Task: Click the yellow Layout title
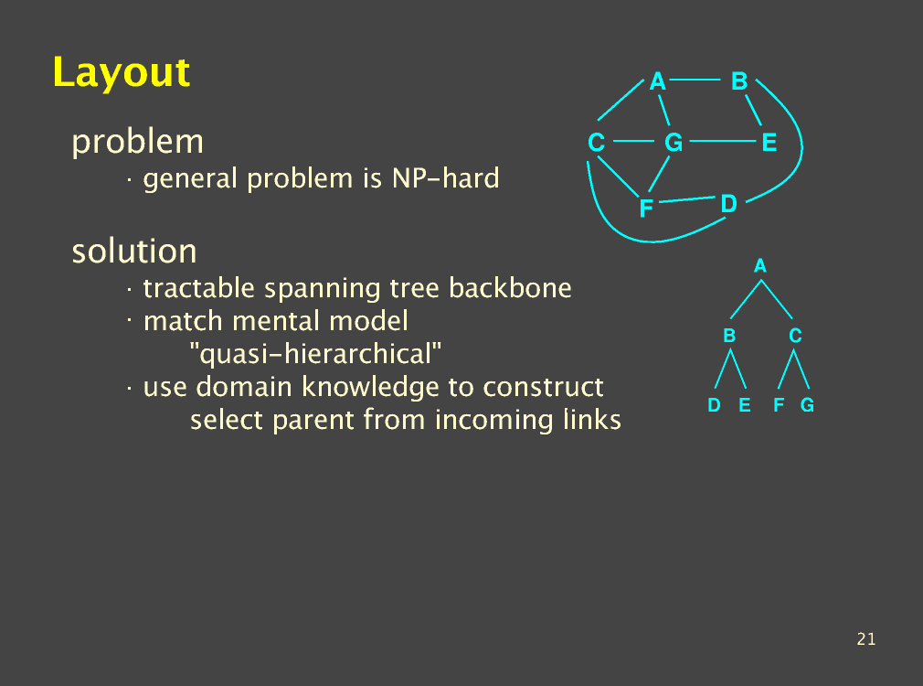pos(122,73)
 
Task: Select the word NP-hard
pos(446,178)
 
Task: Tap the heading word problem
pos(137,143)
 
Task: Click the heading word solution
pos(134,251)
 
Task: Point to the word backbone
pos(510,288)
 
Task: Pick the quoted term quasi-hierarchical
pos(315,354)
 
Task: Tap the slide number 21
pos(866,638)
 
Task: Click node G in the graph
pos(674,143)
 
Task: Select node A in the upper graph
pos(657,81)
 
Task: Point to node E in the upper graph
pos(769,143)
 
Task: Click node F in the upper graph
pos(646,208)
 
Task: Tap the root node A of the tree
pos(760,266)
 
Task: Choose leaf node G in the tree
pos(807,405)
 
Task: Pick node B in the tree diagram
pos(729,336)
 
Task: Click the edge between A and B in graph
pos(695,80)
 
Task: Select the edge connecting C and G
pos(633,142)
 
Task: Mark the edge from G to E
pos(722,142)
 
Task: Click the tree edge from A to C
pos(777,299)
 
